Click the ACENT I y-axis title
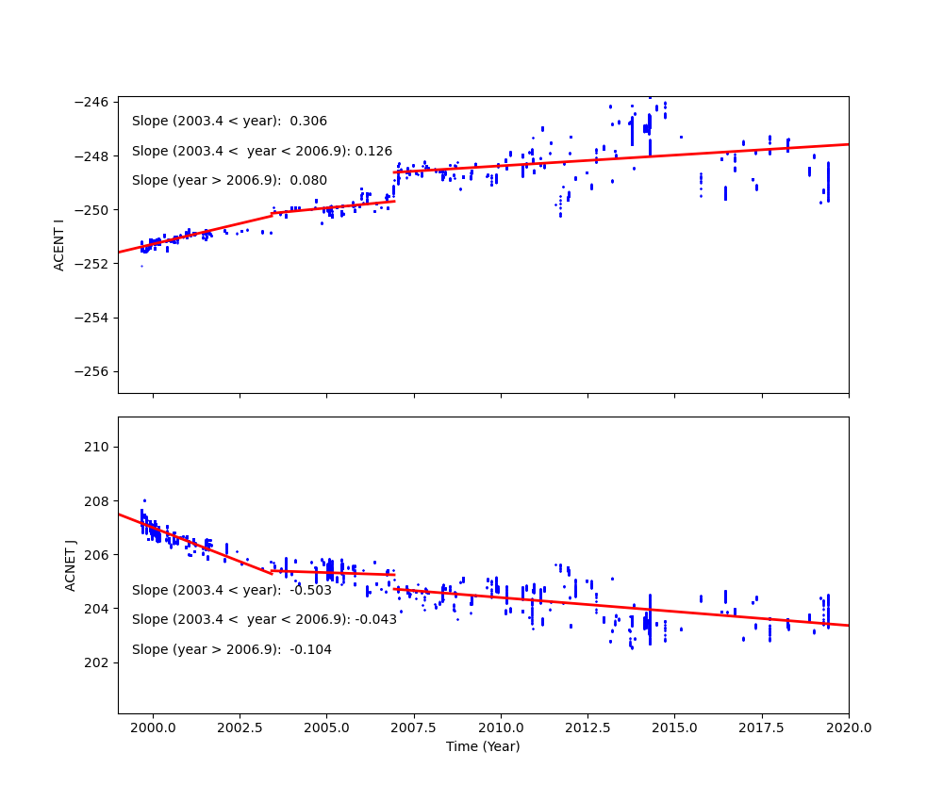(x=59, y=245)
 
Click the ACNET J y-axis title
(x=71, y=565)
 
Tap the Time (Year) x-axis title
(x=483, y=746)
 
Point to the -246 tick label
(x=93, y=102)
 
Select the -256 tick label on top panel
(x=93, y=371)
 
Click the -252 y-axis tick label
(x=93, y=264)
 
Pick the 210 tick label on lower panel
(x=98, y=447)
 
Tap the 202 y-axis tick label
(x=98, y=662)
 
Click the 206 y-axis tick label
(x=98, y=555)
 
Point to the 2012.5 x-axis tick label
(x=587, y=727)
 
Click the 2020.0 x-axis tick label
(x=848, y=727)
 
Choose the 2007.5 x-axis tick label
(x=413, y=727)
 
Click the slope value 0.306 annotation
(x=308, y=122)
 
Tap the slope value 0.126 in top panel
(x=373, y=151)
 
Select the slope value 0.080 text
(x=308, y=181)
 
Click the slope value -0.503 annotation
(x=310, y=591)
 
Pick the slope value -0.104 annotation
(x=310, y=650)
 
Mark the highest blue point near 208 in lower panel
(x=144, y=500)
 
